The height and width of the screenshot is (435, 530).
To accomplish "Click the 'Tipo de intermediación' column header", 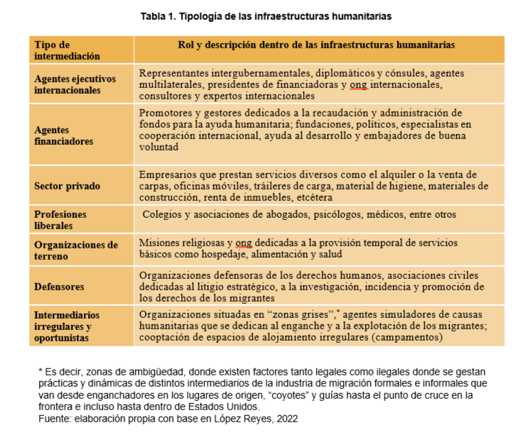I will [67, 50].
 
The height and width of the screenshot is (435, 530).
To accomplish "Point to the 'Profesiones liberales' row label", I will [60, 220].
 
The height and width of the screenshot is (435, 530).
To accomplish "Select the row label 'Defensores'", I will [59, 287].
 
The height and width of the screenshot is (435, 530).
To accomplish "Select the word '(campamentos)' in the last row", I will [409, 338].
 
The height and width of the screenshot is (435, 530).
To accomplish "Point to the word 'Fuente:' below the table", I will [55, 419].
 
